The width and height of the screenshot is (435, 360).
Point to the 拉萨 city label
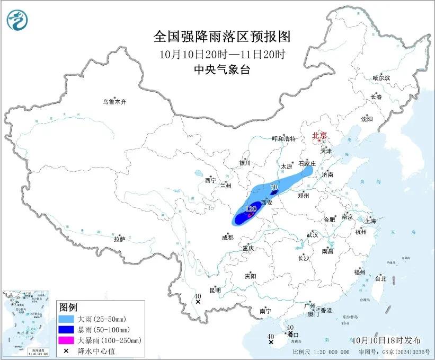click(119, 239)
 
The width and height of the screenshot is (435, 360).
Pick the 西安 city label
click(267, 203)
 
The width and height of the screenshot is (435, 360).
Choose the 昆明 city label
click(215, 290)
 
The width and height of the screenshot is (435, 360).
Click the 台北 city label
click(380, 278)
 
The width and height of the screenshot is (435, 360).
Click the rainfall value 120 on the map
click(251, 209)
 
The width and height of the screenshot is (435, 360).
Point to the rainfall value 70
click(274, 187)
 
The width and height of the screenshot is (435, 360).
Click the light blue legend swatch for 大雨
click(67, 319)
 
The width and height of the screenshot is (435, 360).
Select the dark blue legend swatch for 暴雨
click(67, 330)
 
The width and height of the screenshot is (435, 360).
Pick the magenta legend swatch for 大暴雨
click(67, 340)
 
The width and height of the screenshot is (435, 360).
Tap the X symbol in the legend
click(67, 350)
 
